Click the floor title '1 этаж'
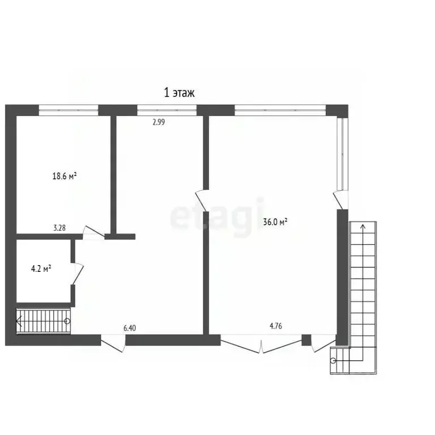click(x=179, y=93)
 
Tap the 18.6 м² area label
click(x=65, y=176)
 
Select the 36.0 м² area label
click(x=275, y=221)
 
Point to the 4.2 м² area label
click(x=41, y=268)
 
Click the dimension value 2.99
click(x=159, y=122)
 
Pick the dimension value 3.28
click(x=59, y=228)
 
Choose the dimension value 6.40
click(x=130, y=328)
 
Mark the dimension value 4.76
click(x=276, y=326)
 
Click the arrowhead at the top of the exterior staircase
click(x=363, y=227)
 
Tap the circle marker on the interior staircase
click(x=67, y=321)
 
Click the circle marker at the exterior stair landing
click(x=333, y=361)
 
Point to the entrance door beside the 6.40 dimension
click(x=113, y=343)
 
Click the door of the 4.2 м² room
click(x=78, y=273)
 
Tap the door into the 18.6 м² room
click(x=93, y=232)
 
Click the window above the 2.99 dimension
click(x=167, y=110)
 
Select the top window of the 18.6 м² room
click(x=68, y=110)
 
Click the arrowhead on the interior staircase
click(x=19, y=321)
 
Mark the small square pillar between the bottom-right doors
click(x=306, y=340)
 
